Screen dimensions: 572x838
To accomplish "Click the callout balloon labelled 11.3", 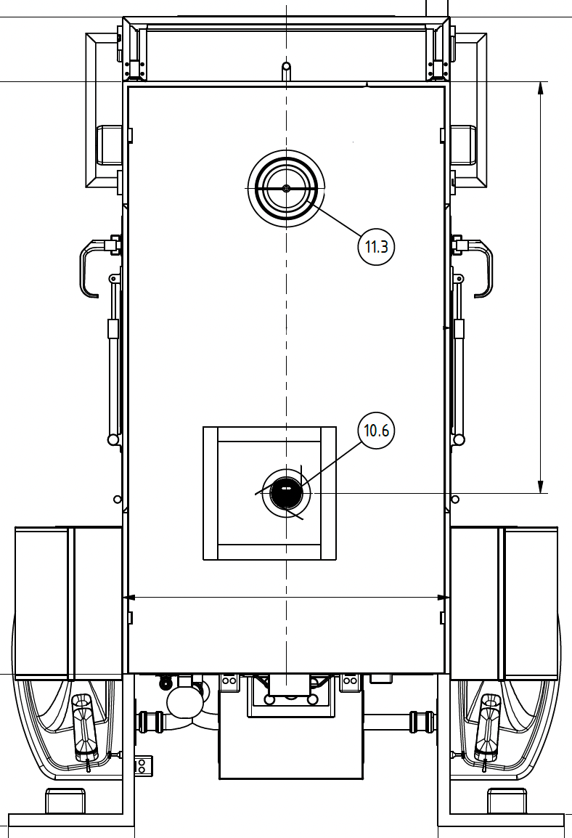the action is tap(376, 246).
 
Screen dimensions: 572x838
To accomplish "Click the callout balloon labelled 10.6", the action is tap(376, 430).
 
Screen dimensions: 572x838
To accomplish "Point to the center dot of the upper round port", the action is tap(287, 188).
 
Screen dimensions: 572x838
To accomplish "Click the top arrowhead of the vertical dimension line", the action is tap(541, 89).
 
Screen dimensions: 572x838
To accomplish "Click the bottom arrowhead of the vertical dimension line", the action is tap(541, 487).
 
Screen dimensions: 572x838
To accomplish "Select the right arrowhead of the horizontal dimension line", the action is tap(443, 597).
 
